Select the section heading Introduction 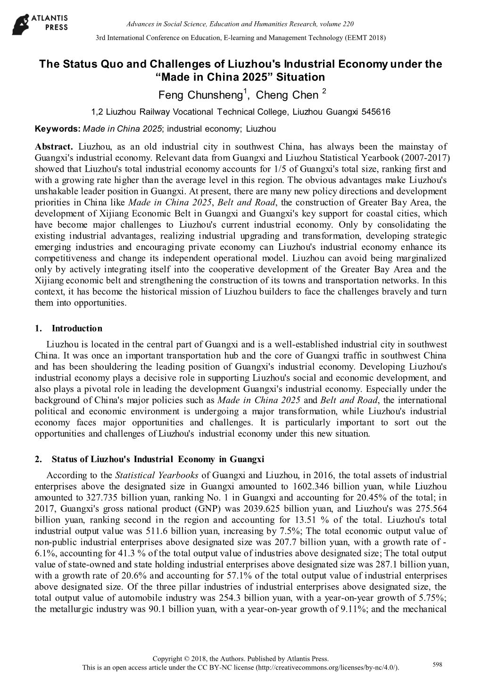pyautogui.click(x=77, y=328)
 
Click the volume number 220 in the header pyautogui.click(x=348, y=24)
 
